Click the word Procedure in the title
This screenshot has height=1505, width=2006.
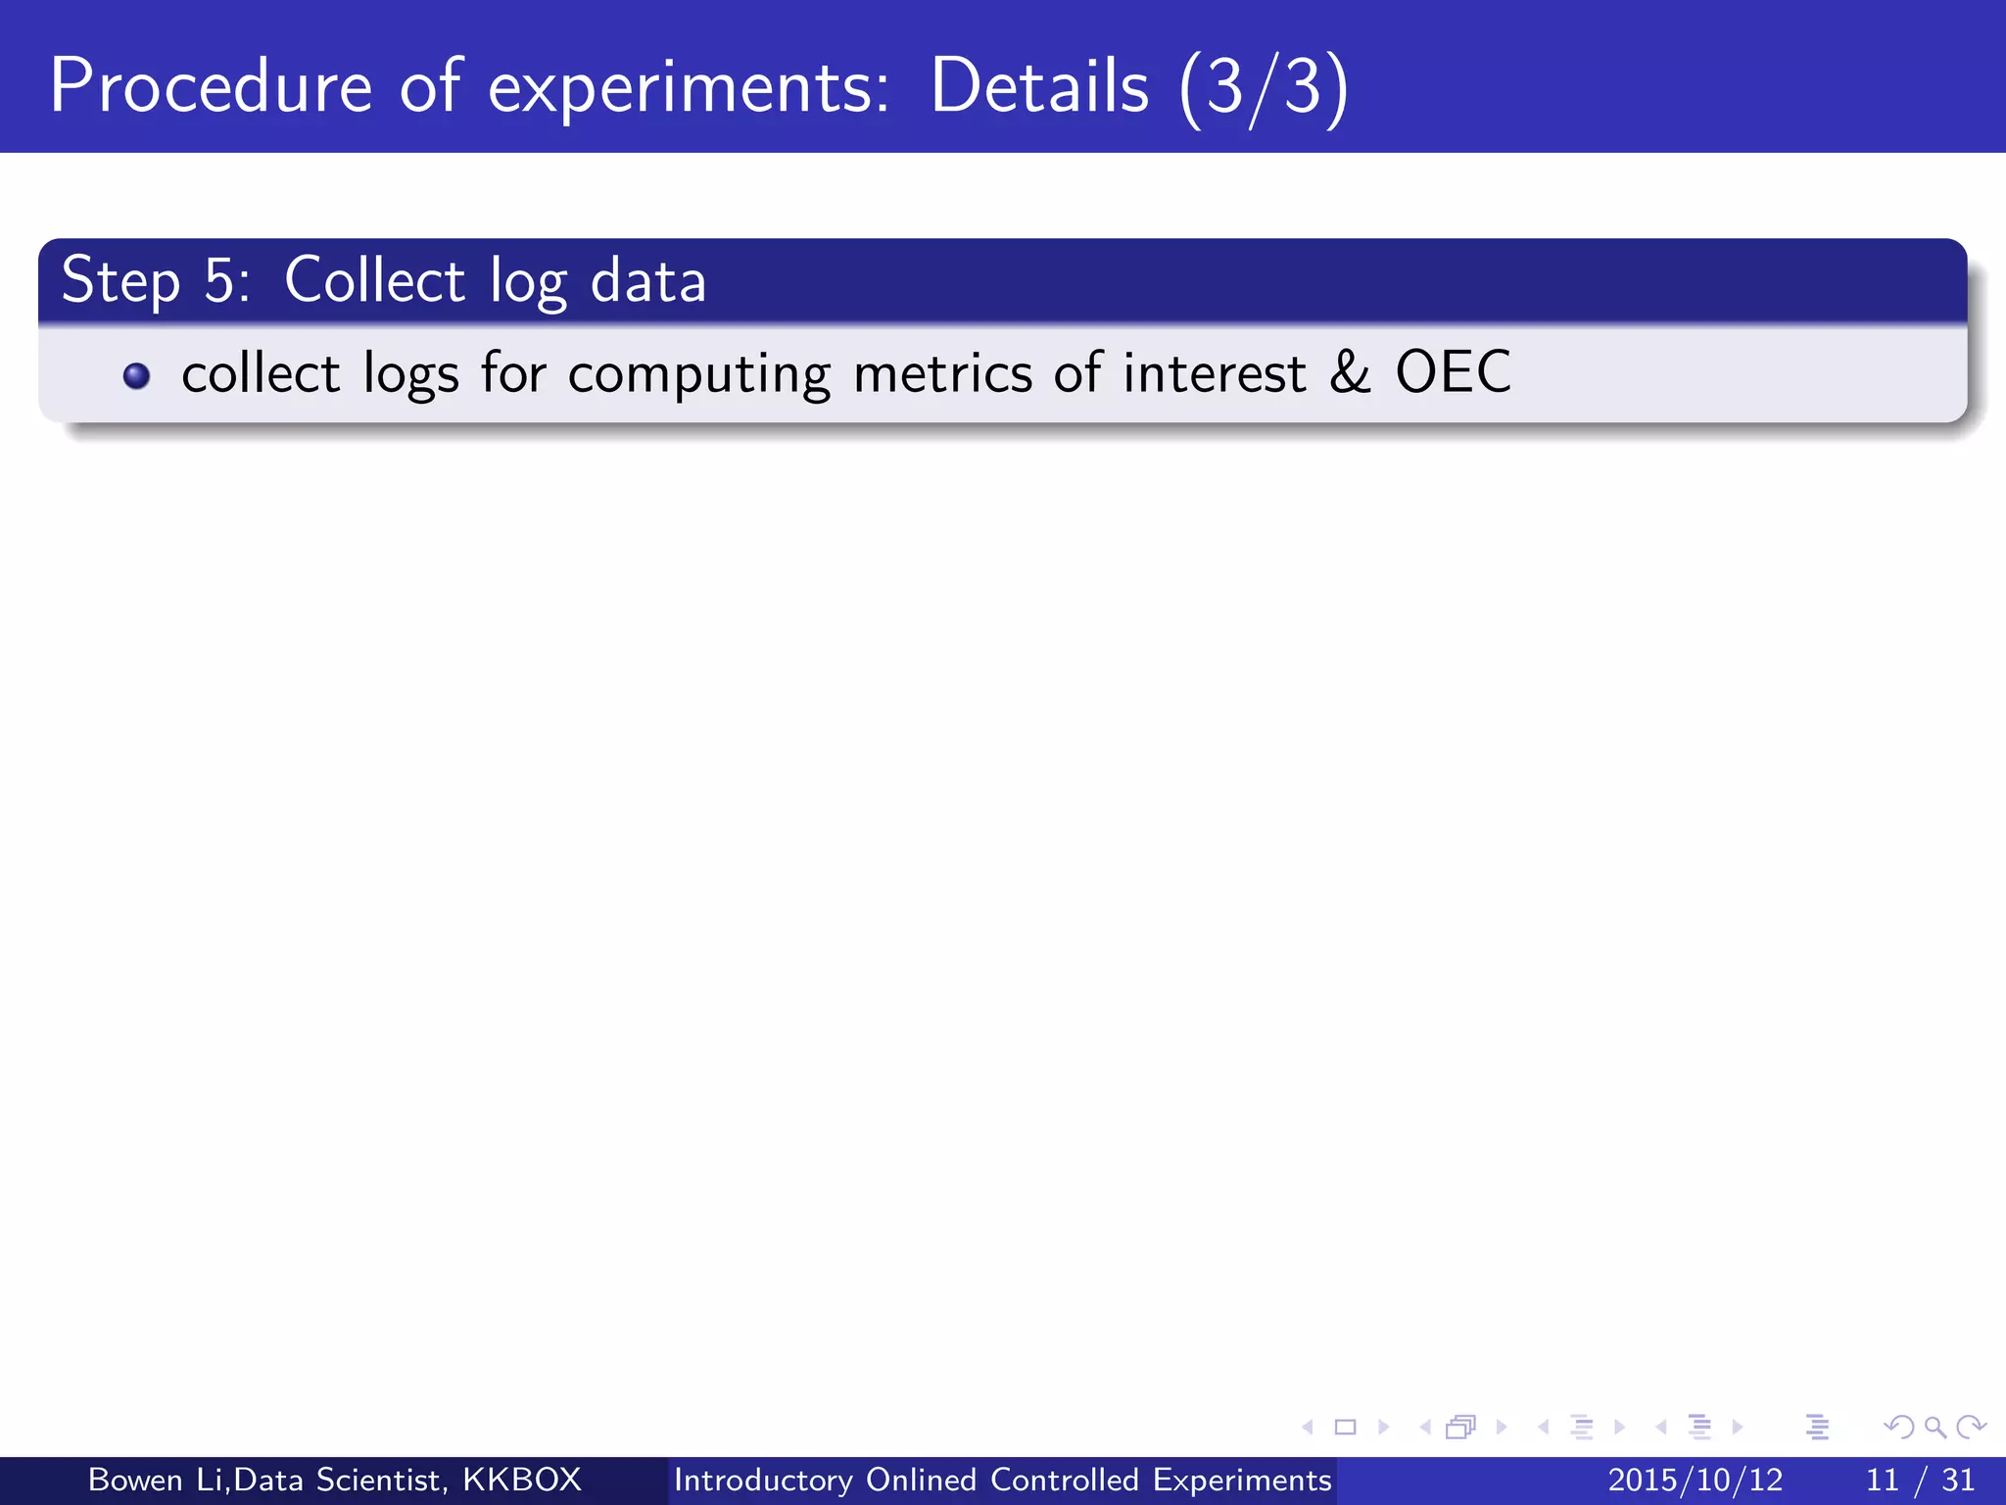(x=211, y=86)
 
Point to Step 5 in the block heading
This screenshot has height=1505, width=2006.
(x=155, y=281)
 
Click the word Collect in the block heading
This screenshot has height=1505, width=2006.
(x=374, y=280)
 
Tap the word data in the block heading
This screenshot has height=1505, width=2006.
(x=648, y=281)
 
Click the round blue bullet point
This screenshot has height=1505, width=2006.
(x=137, y=376)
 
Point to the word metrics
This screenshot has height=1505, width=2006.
(x=942, y=373)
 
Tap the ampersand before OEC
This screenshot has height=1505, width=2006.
(x=1350, y=372)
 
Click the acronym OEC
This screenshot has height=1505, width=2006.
(x=1453, y=372)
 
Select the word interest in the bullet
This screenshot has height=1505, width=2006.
(x=1215, y=373)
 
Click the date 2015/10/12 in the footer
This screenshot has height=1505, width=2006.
(x=1696, y=1480)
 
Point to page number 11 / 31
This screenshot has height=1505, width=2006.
(x=1921, y=1480)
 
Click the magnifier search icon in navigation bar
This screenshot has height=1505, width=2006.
(x=1934, y=1427)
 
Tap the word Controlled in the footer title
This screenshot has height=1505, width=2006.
(x=1065, y=1480)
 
